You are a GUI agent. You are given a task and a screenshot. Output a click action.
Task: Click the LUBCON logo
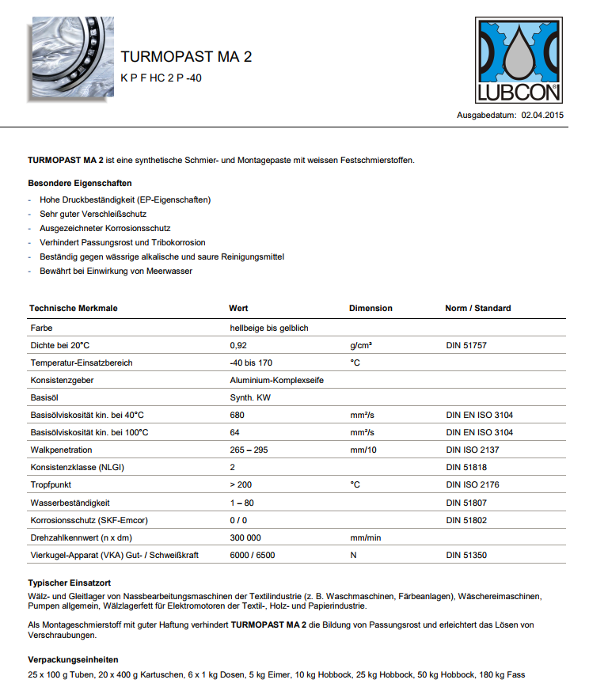(519, 60)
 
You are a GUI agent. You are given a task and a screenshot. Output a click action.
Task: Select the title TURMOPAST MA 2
(186, 57)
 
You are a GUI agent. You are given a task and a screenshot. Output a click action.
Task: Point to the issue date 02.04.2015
(541, 116)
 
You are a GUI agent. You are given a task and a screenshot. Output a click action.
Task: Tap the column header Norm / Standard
(478, 308)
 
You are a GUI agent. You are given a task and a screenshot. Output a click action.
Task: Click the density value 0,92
(238, 345)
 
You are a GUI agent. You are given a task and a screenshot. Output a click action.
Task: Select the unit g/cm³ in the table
(362, 345)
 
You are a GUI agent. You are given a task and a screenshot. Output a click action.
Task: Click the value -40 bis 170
(251, 363)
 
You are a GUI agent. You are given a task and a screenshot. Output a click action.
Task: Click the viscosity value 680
(237, 415)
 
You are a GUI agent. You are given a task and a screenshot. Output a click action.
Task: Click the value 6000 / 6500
(253, 555)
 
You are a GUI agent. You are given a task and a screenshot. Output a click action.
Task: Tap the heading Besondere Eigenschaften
(79, 183)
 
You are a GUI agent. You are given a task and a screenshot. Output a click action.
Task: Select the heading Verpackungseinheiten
(74, 659)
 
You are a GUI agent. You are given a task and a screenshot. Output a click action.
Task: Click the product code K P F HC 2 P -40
(161, 78)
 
